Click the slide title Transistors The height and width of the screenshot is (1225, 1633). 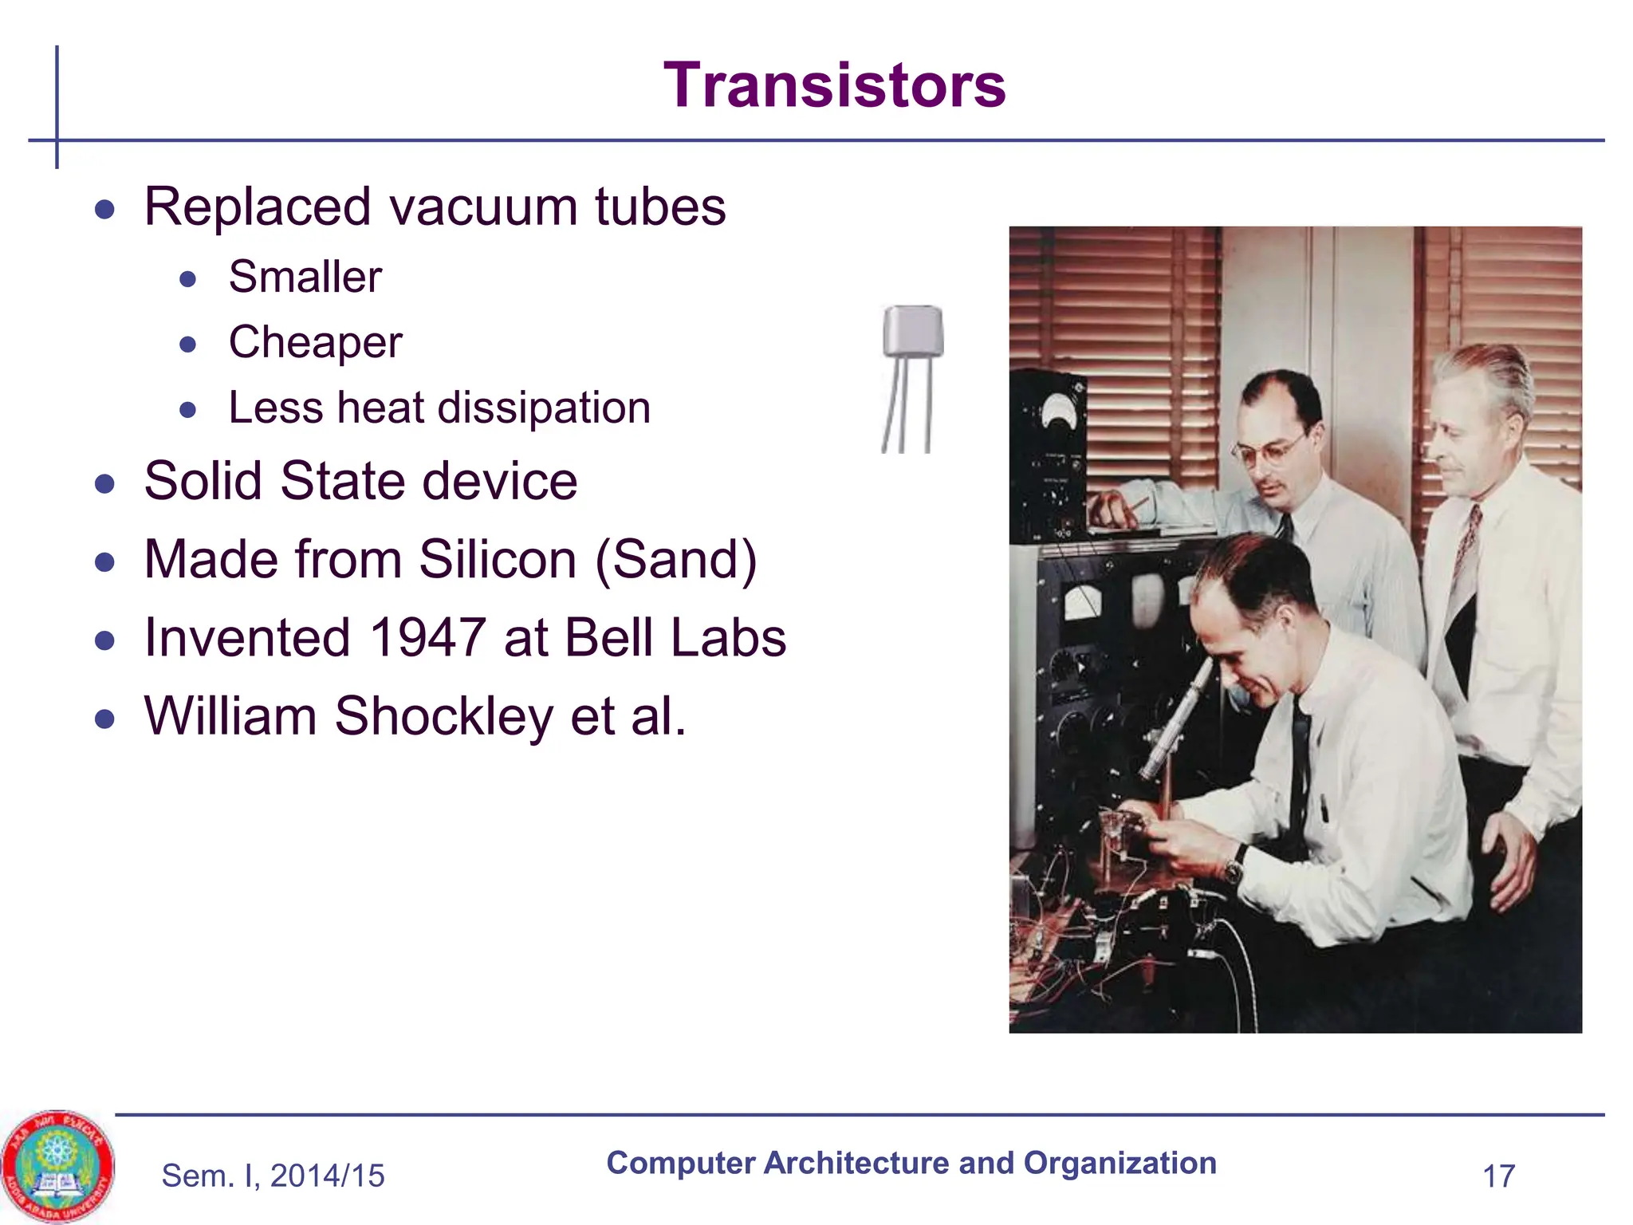coord(834,85)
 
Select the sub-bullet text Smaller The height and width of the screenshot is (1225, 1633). coord(305,278)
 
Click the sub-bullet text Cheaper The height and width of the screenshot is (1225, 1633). coord(315,343)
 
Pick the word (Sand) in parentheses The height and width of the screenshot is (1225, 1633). coord(676,560)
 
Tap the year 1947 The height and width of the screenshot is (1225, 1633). coord(427,638)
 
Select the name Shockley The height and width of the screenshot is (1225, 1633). coord(443,716)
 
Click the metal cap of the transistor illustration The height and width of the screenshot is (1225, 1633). coord(913,330)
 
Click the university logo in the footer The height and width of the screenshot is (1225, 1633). coord(57,1166)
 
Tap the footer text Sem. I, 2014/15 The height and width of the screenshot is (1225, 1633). coord(273,1176)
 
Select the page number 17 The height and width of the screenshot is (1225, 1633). coord(1498,1176)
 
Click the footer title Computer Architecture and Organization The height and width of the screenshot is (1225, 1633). coord(911,1163)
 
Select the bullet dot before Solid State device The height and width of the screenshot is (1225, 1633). coord(104,483)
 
